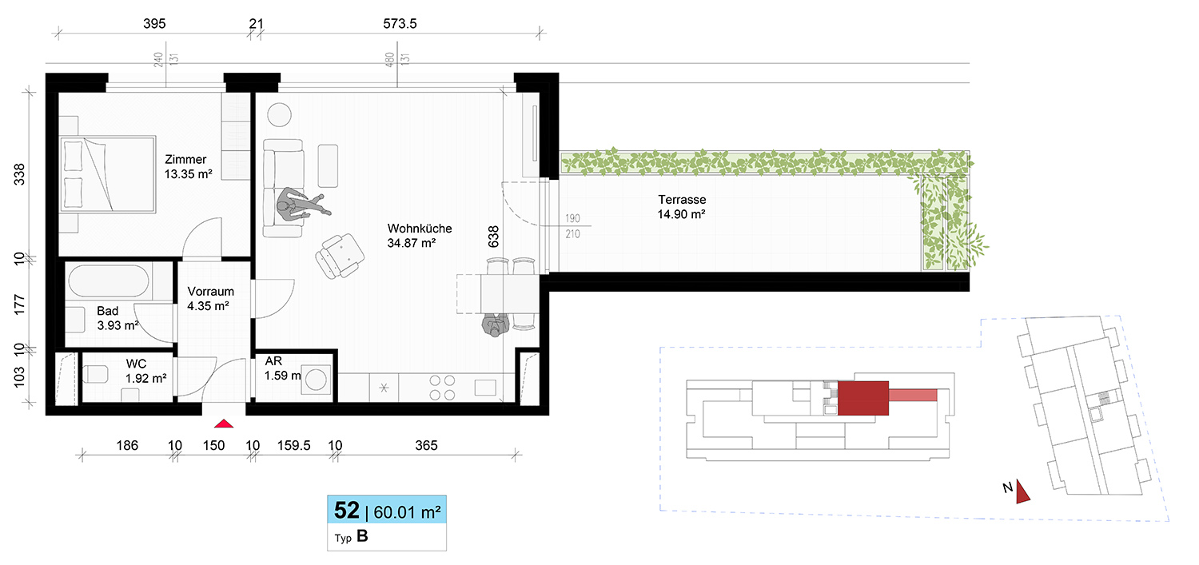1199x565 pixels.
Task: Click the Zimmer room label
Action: tap(185, 160)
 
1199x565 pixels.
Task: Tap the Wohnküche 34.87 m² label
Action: tap(419, 236)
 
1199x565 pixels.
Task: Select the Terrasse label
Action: tap(682, 200)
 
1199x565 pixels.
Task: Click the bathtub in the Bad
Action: tap(109, 281)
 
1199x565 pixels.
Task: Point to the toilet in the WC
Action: tap(95, 374)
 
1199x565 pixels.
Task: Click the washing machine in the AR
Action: tap(316, 380)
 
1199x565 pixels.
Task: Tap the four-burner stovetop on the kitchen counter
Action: tap(442, 388)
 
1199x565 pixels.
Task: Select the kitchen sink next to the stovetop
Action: tap(485, 388)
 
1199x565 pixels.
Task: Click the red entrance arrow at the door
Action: tap(224, 424)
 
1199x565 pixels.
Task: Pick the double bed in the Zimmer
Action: tap(108, 174)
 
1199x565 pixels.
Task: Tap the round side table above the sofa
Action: tap(279, 114)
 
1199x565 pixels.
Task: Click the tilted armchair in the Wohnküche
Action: tap(340, 257)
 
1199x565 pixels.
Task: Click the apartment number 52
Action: tap(346, 511)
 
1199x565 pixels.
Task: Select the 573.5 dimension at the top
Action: tap(400, 23)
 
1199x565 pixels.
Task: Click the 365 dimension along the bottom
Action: tap(426, 445)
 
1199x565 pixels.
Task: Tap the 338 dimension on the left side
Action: tap(18, 174)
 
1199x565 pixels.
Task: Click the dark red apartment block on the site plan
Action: tap(862, 398)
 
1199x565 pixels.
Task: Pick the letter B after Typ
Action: tap(362, 536)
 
